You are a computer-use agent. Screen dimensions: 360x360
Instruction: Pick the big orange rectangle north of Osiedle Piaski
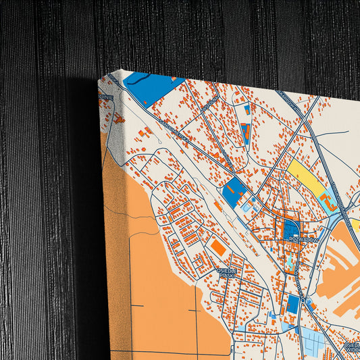tap(217, 248)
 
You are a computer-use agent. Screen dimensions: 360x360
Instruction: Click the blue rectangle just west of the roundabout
tap(292, 304)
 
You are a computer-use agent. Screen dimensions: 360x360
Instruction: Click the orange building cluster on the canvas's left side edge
tap(118, 120)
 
